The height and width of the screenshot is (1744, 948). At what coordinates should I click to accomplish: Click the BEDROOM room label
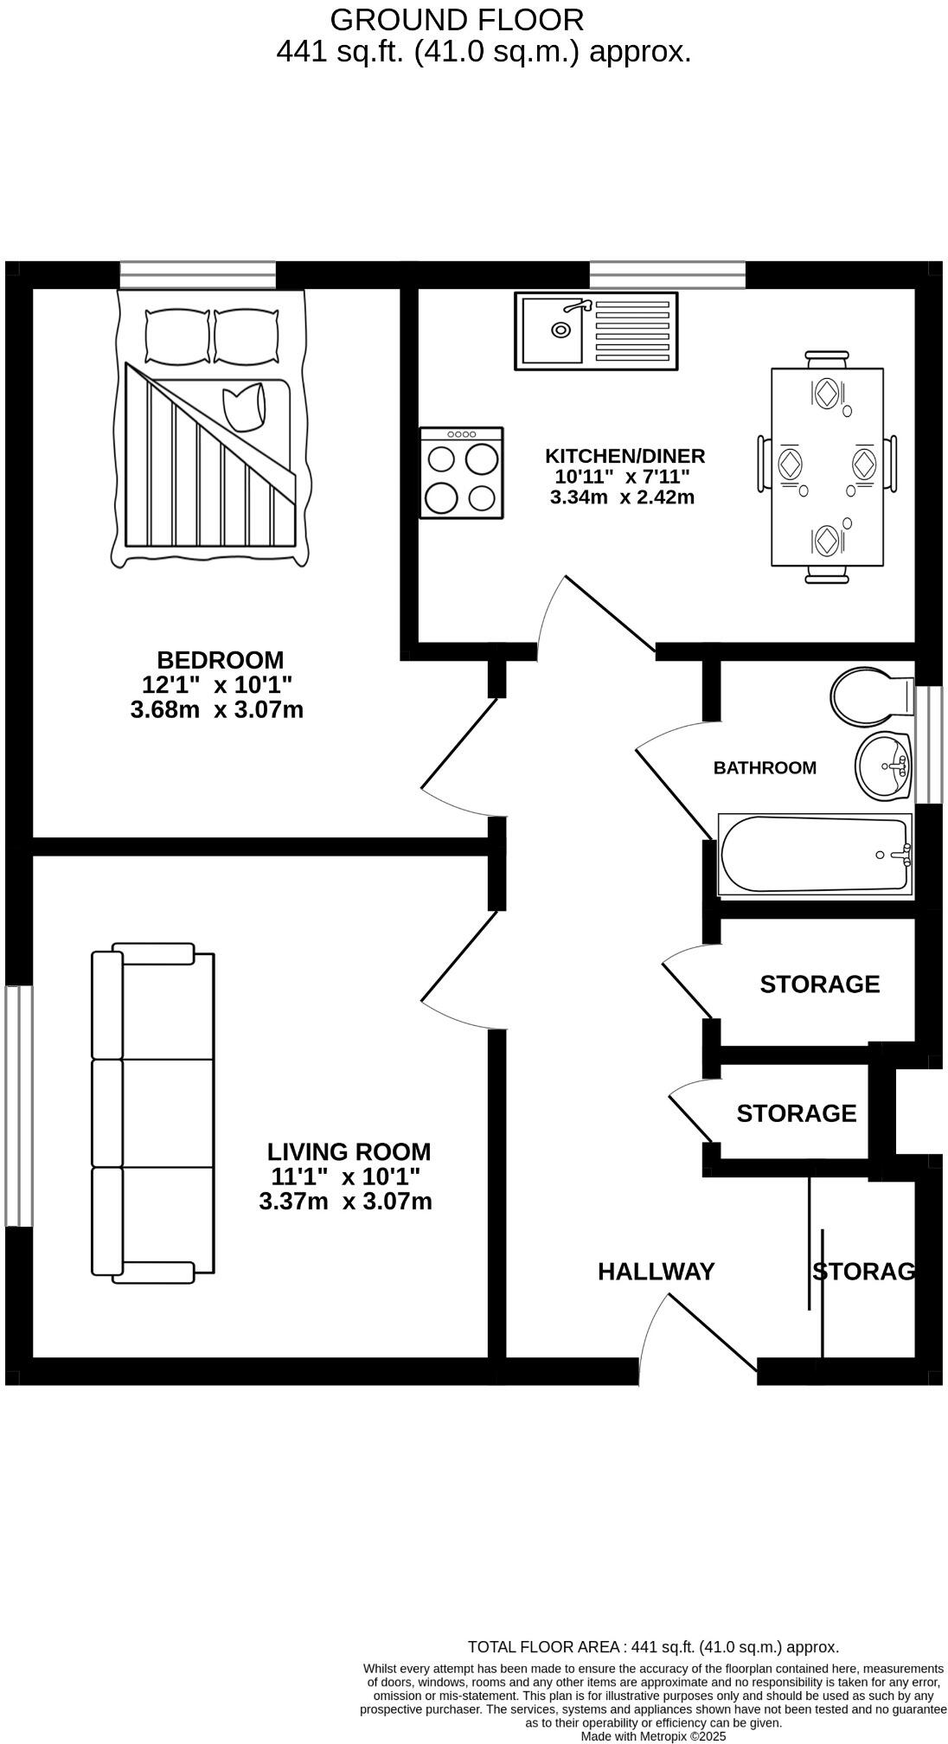pos(220,660)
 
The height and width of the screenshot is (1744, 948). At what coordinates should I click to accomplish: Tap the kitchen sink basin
pos(554,330)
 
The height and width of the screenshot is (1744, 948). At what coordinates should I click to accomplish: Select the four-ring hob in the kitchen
pos(461,473)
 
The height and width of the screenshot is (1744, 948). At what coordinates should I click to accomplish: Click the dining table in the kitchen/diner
pos(827,467)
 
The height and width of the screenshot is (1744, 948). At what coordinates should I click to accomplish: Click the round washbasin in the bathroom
pos(883,766)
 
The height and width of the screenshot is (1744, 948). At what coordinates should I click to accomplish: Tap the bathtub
pos(813,855)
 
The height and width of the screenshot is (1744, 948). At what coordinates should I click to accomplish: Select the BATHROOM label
pos(765,768)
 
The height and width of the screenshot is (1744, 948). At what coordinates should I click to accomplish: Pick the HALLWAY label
pos(656,1271)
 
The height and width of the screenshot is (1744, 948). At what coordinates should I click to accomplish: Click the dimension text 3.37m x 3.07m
pos(345,1202)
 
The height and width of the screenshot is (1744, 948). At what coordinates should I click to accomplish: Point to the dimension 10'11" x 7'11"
pos(622,477)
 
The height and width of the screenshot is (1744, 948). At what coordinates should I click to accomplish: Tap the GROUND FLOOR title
pos(457,19)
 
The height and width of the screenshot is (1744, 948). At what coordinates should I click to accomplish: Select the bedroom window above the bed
pos(198,275)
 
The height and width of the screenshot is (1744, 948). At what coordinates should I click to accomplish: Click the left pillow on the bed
pos(178,337)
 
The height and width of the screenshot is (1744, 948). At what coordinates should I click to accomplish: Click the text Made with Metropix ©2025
pos(653,1736)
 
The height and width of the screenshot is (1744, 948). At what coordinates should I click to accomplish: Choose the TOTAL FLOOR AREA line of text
pos(653,1647)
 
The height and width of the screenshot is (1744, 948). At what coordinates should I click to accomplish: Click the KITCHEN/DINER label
pos(625,456)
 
